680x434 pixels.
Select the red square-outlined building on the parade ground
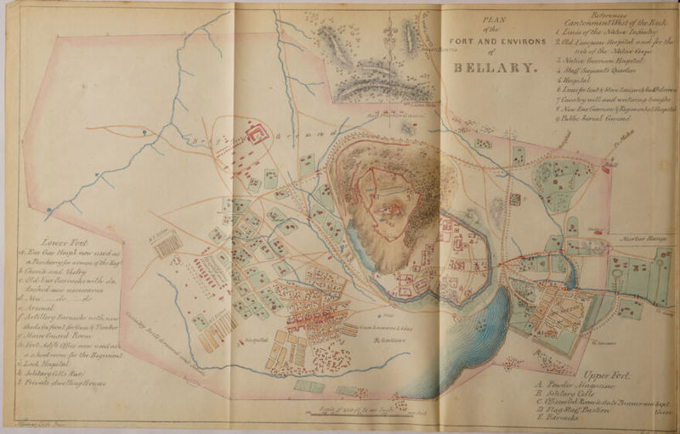click(x=258, y=132)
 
